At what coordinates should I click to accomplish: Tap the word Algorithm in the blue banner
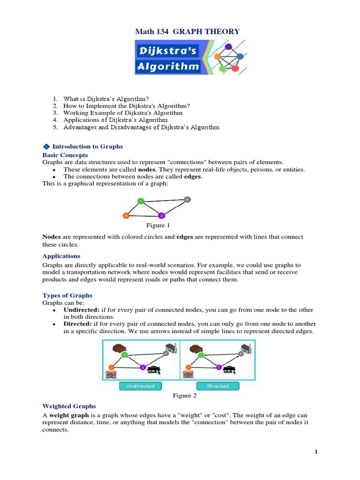coord(168,66)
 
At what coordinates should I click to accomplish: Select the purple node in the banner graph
coord(228,46)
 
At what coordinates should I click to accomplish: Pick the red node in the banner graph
coord(235,68)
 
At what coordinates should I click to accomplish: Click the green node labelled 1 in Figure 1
coord(141,201)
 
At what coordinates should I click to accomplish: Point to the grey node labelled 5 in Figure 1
coord(187,199)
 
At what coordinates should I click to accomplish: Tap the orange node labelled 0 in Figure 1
coord(126,216)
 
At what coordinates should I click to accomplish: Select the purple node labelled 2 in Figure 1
coord(161,216)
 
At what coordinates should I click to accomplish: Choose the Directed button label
coord(217,386)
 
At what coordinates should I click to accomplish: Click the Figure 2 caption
coord(185,396)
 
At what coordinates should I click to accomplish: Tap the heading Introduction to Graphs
coord(78,147)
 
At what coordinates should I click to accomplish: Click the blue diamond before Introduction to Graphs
coord(46,147)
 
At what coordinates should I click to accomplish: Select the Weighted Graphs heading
coord(69,406)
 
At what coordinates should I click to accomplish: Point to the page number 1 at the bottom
coord(316,451)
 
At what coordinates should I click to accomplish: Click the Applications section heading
coord(61,256)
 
